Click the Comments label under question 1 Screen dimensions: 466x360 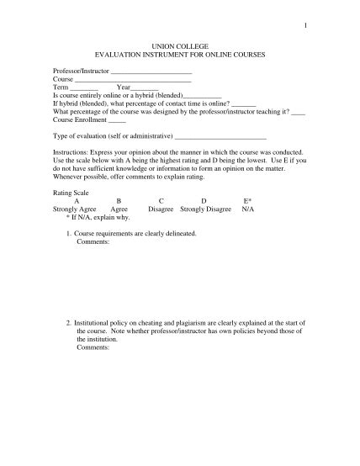[93, 241]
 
